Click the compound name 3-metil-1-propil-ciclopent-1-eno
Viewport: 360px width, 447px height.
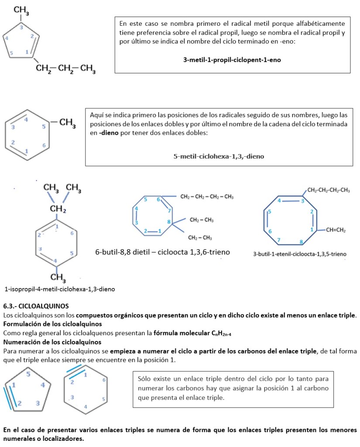pyautogui.click(x=232, y=60)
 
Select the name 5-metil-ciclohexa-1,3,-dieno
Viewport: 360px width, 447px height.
pyautogui.click(x=219, y=156)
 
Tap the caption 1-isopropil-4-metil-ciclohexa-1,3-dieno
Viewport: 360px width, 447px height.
pyautogui.click(x=60, y=289)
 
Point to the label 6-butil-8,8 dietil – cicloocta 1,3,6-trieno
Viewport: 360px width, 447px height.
pyautogui.click(x=162, y=252)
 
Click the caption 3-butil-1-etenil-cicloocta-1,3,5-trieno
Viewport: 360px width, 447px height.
pyautogui.click(x=300, y=254)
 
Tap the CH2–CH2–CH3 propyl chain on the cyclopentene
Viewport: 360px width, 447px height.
pyautogui.click(x=66, y=68)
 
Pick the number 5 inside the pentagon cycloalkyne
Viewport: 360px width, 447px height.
pyautogui.click(x=28, y=374)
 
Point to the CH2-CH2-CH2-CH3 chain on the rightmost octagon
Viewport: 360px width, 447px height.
pyautogui.click(x=329, y=190)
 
